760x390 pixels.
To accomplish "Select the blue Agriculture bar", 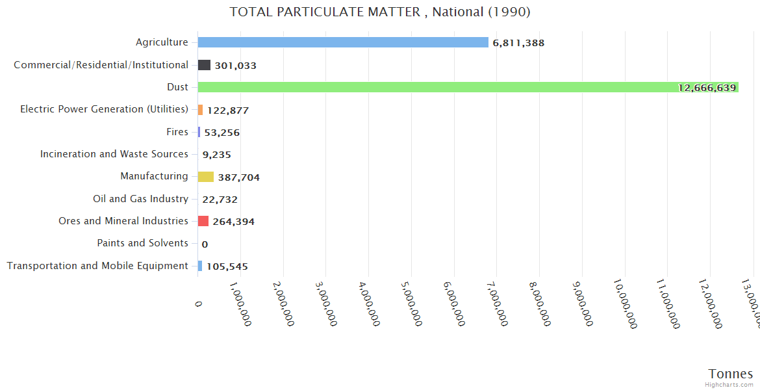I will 343,42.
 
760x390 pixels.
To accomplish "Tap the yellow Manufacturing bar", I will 206,177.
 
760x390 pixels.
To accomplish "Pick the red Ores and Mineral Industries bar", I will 203,221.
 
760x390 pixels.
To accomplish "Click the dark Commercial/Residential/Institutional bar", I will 204,65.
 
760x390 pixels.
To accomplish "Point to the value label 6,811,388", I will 518,43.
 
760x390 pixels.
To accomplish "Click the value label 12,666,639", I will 707,88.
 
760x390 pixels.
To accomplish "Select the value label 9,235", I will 216,155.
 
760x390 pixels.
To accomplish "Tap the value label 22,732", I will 220,200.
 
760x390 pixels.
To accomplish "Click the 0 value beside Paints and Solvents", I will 205,244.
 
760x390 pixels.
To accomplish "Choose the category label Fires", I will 177,132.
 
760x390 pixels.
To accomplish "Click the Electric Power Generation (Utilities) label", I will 104,109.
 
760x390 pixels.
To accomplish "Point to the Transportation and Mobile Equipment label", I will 97,266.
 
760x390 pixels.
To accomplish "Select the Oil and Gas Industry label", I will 140,199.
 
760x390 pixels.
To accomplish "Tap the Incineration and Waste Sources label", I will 114,154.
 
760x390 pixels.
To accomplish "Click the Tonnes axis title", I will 730,374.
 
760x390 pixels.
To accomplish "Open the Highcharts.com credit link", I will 729,384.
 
